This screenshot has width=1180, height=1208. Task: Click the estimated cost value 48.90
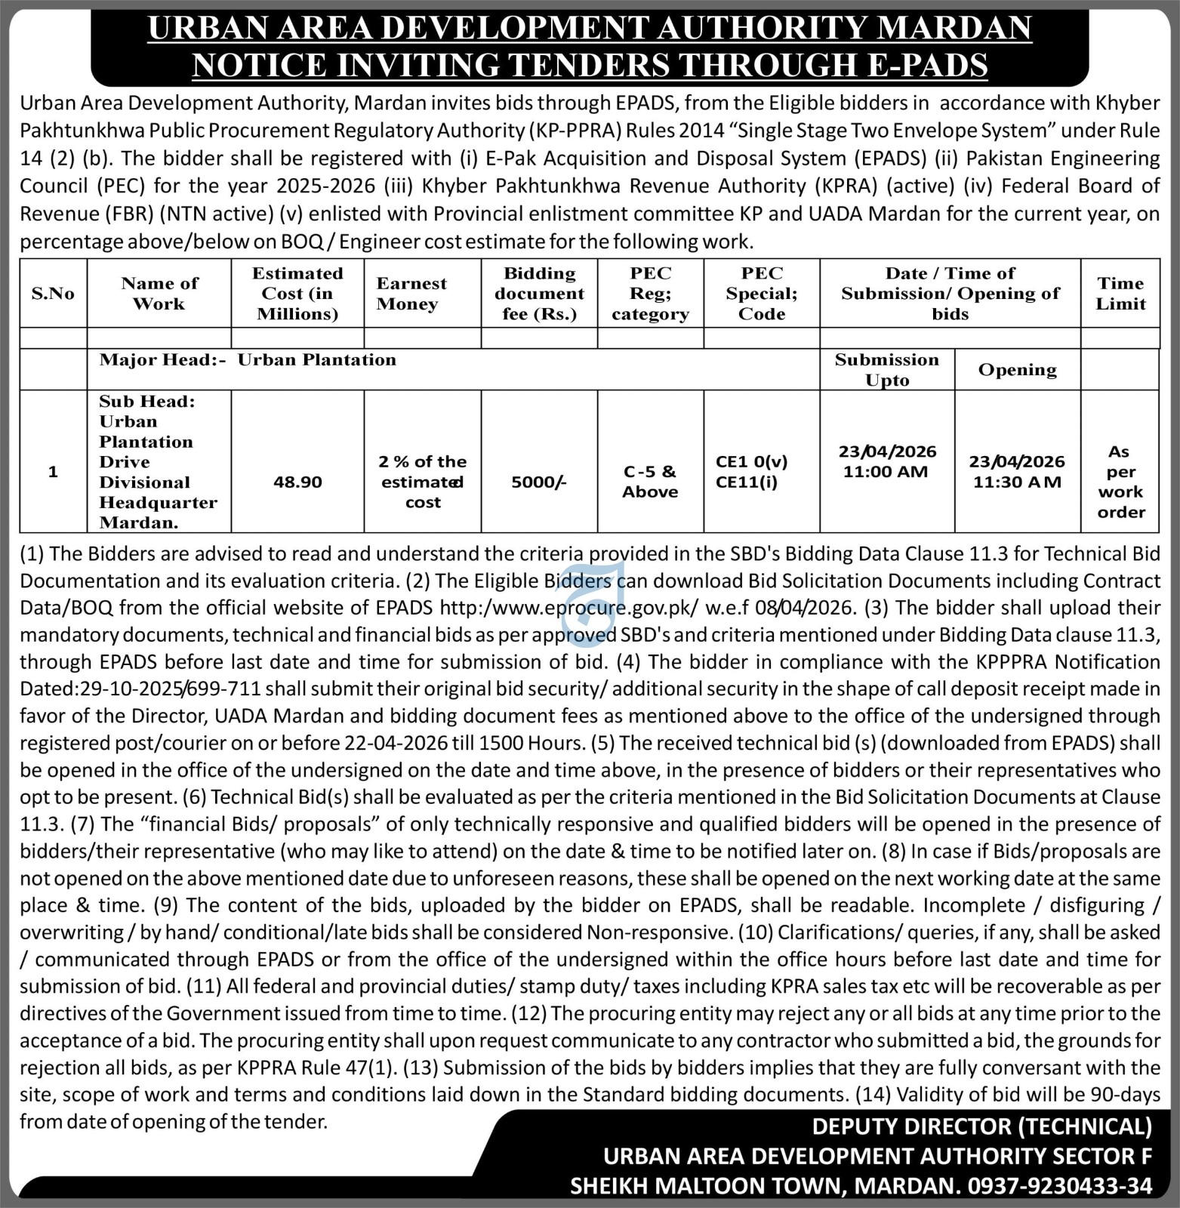click(297, 482)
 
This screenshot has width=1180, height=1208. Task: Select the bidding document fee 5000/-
click(538, 482)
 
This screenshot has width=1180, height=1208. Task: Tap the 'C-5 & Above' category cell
click(650, 482)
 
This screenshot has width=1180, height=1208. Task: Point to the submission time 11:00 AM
click(886, 472)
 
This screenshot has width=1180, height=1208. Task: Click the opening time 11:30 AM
click(1017, 482)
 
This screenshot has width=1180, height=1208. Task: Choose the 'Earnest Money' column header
click(411, 294)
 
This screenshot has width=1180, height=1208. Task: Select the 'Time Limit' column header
click(1120, 294)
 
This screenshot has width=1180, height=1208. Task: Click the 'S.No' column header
click(53, 294)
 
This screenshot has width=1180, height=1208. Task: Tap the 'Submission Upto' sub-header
click(886, 370)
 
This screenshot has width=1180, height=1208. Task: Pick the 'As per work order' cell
click(1120, 482)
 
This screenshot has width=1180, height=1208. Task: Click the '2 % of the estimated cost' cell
click(422, 482)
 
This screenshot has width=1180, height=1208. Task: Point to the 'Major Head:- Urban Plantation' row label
click(248, 360)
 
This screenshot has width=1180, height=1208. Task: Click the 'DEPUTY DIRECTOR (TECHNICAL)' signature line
click(981, 1126)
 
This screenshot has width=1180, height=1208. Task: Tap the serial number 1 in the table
click(53, 472)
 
